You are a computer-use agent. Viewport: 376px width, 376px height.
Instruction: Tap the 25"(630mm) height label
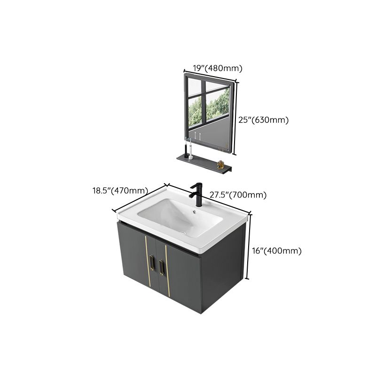pos(263,120)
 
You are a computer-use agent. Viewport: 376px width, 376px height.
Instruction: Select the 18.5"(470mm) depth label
pos(119,191)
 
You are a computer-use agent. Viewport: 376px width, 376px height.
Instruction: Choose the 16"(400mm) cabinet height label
pos(276,251)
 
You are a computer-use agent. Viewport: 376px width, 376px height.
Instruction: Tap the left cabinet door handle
pos(151,265)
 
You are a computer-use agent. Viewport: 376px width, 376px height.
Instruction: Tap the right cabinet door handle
pos(162,267)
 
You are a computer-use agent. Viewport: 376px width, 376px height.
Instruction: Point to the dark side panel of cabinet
pos(223,277)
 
